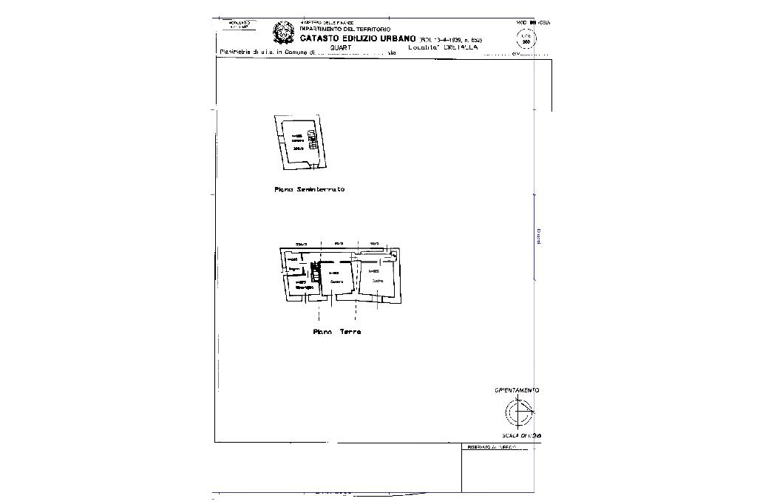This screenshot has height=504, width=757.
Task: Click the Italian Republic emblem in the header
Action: click(283, 33)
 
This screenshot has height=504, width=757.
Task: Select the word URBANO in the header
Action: click(398, 38)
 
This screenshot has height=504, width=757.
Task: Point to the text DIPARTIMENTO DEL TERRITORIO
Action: click(344, 29)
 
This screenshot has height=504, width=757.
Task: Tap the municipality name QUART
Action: click(341, 47)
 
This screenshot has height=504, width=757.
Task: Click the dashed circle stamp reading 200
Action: click(526, 39)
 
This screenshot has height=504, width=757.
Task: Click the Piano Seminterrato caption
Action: click(309, 190)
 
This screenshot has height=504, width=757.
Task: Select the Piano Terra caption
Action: click(336, 332)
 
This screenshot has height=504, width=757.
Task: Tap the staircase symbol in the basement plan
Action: click(313, 140)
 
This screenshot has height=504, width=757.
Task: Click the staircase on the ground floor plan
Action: click(316, 273)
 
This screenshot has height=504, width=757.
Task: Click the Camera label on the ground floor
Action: click(337, 282)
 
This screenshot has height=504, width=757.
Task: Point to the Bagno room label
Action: click(293, 269)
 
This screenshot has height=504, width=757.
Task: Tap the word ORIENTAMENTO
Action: click(517, 390)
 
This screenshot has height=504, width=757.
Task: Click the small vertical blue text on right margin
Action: click(538, 236)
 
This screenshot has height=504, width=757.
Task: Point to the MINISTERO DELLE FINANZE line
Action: click(327, 23)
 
